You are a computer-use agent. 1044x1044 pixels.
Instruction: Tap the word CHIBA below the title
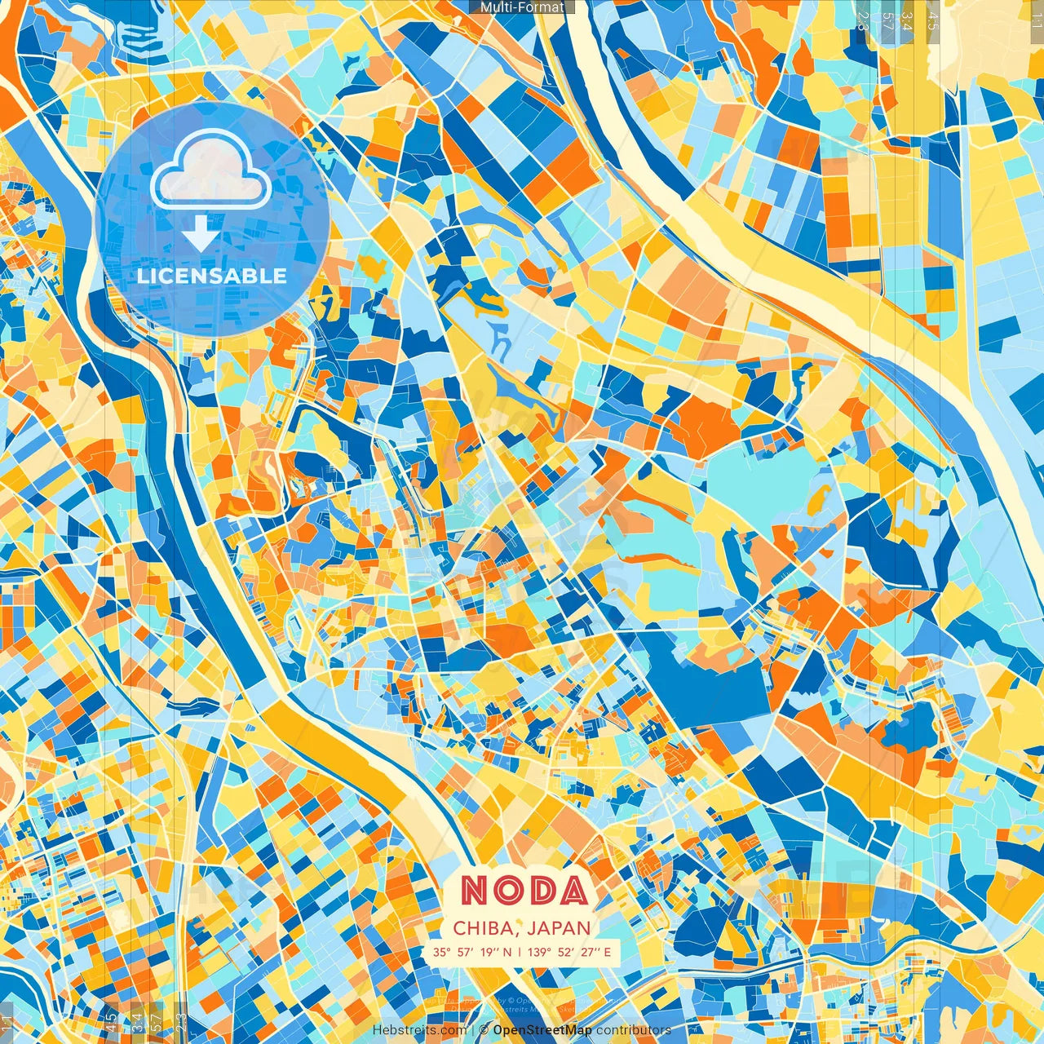point(483,928)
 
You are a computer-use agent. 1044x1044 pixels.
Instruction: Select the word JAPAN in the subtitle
point(559,928)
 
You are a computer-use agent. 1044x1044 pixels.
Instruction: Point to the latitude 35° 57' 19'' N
point(472,952)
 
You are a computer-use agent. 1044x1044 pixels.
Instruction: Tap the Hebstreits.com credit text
point(420,1030)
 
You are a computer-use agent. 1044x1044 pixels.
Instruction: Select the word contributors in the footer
point(634,1030)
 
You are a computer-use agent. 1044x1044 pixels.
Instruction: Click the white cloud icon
point(211,170)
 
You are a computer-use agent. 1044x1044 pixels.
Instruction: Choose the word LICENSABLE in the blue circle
point(212,276)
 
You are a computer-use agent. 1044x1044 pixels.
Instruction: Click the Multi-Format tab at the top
point(522,7)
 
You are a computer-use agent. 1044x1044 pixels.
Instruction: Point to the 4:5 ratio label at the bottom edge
point(111,1023)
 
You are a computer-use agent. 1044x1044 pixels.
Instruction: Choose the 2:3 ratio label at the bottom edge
point(181,1023)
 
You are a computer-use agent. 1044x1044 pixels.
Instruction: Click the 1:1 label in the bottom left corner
point(7,1023)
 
